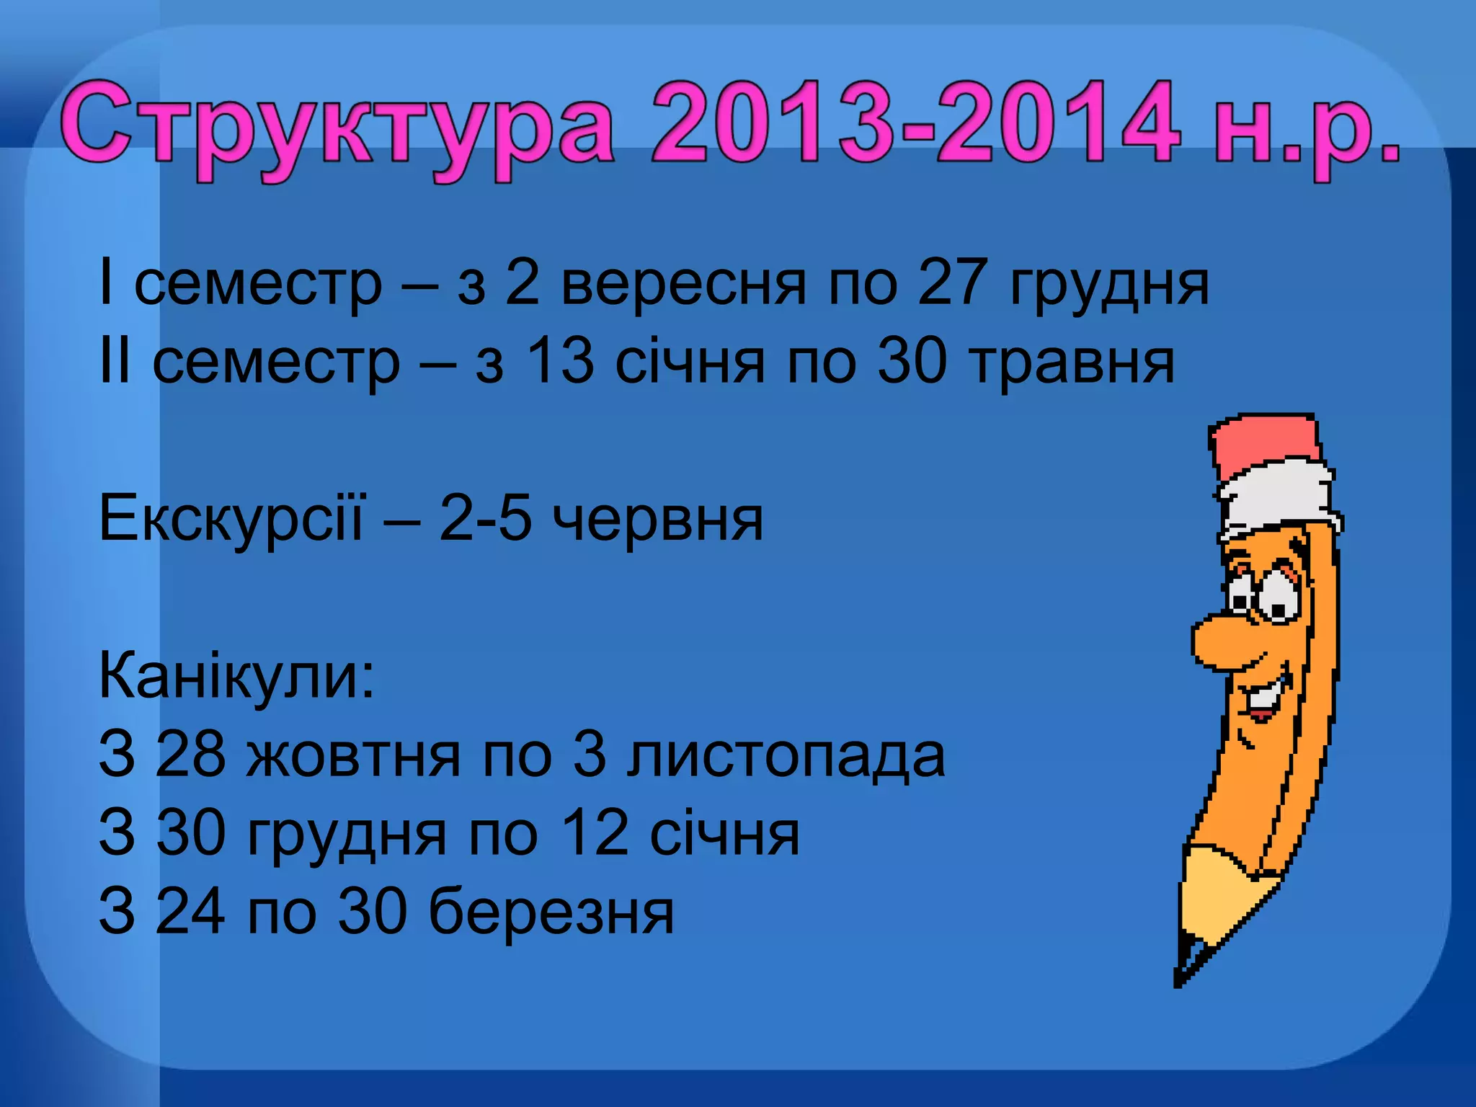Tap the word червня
click(x=657, y=520)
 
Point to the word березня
click(x=551, y=912)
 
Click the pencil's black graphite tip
click(x=1182, y=973)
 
